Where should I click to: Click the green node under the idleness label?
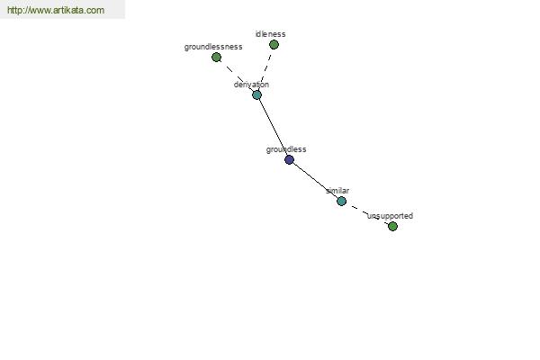point(274,44)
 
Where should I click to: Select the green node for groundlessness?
point(216,58)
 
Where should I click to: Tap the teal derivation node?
point(256,95)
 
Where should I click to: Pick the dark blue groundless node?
point(289,159)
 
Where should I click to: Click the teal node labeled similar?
point(341,202)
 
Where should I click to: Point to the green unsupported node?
point(392,226)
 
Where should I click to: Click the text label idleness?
point(270,34)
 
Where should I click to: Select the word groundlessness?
point(213,47)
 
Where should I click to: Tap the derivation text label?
point(251,85)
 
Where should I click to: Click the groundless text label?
point(286,149)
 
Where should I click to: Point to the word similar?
point(337,191)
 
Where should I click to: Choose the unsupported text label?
point(391,216)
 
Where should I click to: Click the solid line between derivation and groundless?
point(273,128)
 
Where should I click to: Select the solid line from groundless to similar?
point(315,181)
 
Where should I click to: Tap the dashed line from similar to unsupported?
point(367,213)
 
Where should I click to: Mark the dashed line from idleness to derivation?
point(265,69)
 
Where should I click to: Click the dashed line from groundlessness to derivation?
point(237,76)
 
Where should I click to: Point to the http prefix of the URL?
point(14,10)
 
